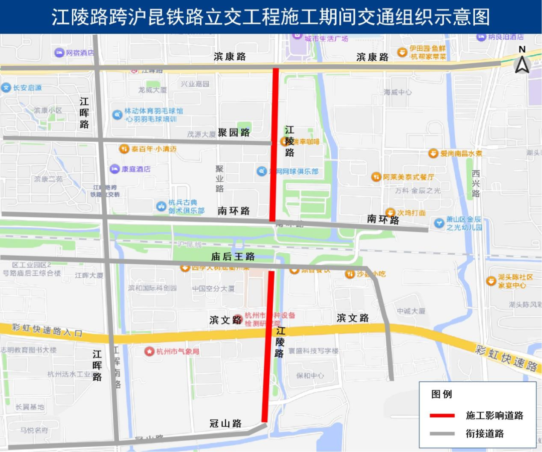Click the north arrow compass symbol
[x=522, y=63]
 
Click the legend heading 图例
[x=442, y=394]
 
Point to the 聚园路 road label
[x=234, y=133]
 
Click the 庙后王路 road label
[x=233, y=257]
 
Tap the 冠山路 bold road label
[x=226, y=423]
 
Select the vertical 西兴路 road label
[x=476, y=183]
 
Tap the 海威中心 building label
[x=397, y=92]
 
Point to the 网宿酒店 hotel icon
[x=59, y=53]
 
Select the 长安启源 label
[x=27, y=87]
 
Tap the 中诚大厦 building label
[x=411, y=311]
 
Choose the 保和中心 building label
[x=310, y=375]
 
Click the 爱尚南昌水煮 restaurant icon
[x=433, y=153]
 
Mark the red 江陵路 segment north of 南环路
[x=275, y=146]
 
